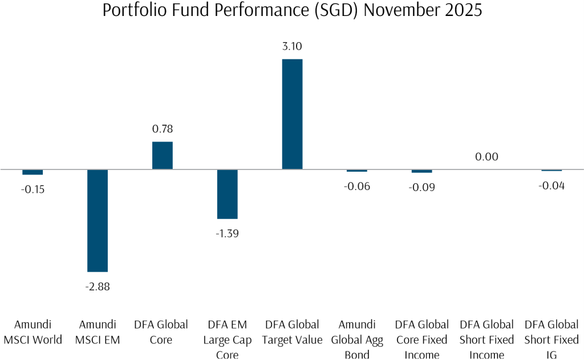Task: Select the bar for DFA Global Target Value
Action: coord(292,114)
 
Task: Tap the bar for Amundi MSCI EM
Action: coord(98,220)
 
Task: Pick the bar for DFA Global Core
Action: coord(162,155)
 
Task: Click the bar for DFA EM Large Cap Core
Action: coord(227,194)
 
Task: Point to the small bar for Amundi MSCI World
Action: coord(33,172)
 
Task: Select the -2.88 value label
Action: coord(98,286)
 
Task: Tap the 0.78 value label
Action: coord(162,130)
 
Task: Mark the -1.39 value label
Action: coord(227,233)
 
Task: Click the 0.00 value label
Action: coord(486,157)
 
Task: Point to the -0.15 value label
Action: coord(33,189)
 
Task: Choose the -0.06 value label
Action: coord(357,186)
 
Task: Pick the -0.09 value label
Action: coord(422,187)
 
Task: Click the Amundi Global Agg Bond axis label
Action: coord(357,339)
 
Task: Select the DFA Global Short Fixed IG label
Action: coord(551,339)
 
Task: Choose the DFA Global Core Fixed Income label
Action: coord(422,339)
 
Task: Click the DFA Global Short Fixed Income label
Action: coord(486,339)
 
